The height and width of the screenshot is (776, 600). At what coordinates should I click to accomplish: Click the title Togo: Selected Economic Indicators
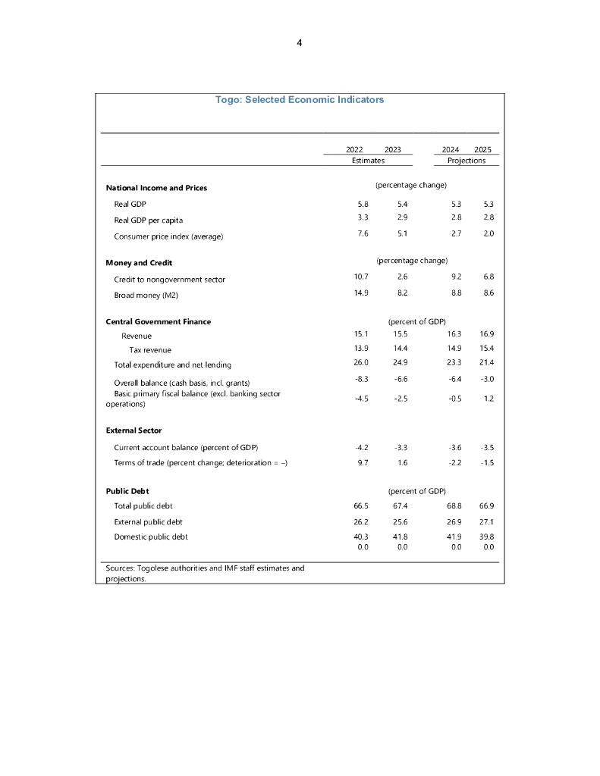(300, 100)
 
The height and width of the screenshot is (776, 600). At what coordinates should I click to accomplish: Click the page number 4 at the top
(300, 43)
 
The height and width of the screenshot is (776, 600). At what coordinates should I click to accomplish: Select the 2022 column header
(354, 150)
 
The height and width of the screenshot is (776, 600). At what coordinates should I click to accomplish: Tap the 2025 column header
(482, 150)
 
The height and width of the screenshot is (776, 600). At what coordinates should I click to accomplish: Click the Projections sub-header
(466, 161)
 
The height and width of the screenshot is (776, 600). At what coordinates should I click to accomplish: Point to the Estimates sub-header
(368, 161)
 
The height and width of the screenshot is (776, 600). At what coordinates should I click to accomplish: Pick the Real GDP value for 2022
(362, 204)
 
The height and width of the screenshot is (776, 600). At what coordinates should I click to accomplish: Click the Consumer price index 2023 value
(402, 233)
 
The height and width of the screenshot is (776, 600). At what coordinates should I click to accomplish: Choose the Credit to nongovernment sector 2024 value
(456, 277)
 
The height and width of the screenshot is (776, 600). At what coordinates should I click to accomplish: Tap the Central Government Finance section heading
(159, 322)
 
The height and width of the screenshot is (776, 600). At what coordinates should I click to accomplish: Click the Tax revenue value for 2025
(488, 349)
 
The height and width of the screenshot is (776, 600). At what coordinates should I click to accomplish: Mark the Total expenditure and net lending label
(173, 365)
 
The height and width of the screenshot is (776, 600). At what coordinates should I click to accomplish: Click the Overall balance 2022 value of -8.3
(362, 378)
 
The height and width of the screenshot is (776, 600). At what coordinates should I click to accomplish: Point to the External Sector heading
(134, 430)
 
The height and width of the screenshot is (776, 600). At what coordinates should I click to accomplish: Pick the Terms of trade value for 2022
(363, 462)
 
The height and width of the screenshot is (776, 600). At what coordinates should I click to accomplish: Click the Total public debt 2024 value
(455, 505)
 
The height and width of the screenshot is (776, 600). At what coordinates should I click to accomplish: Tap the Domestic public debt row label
(151, 537)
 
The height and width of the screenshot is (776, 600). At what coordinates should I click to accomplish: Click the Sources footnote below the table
(205, 573)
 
